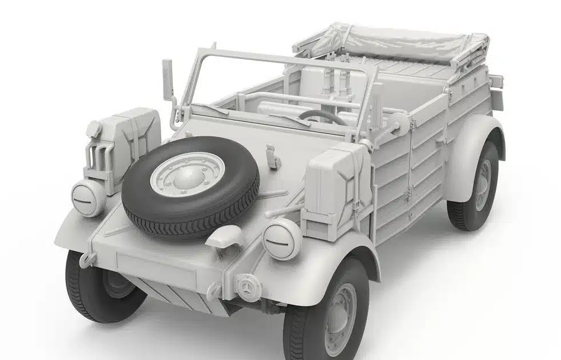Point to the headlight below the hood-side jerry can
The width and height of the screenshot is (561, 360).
click(89, 198)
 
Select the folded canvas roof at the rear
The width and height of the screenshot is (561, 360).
click(395, 46)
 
